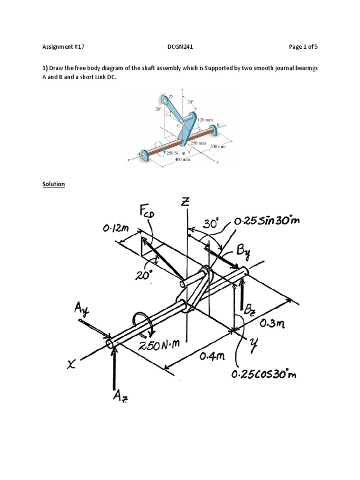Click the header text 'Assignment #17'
63,47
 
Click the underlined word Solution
54,184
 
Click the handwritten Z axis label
187,203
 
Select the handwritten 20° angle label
144,276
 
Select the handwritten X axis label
71,365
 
